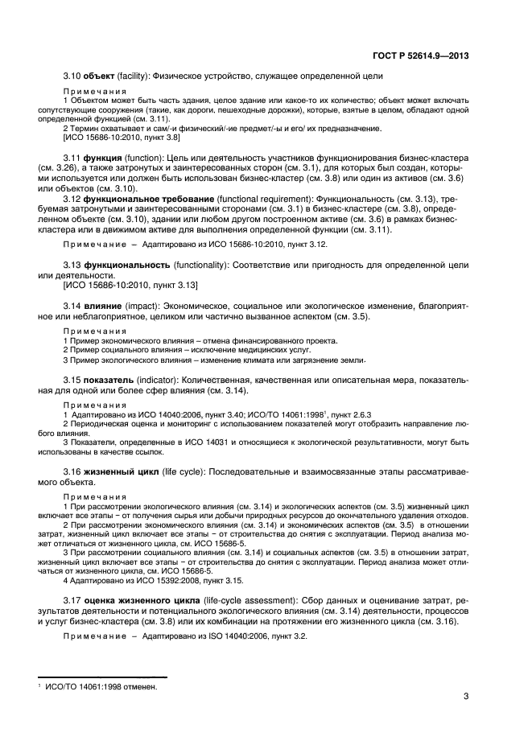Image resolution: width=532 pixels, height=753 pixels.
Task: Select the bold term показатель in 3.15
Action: tap(113, 379)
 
